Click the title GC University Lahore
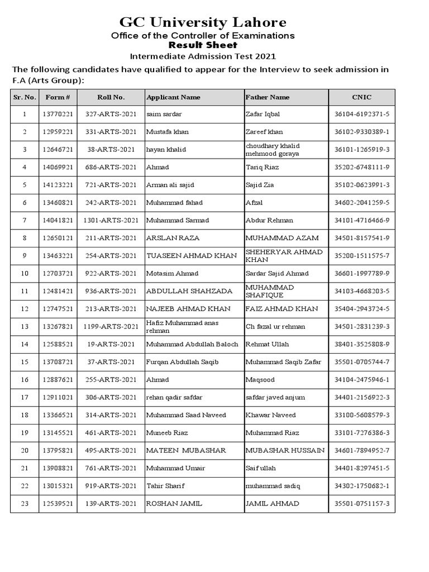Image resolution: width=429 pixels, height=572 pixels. tap(203, 22)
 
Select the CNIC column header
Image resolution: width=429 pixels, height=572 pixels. tap(361, 97)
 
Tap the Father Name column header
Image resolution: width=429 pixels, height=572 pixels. tap(268, 97)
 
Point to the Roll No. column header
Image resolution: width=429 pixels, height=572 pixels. tap(111, 97)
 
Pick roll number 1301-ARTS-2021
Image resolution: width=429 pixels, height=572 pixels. tap(111, 220)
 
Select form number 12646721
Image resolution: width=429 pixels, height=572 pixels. tap(58, 150)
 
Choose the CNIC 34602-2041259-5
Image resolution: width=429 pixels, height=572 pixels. tap(361, 203)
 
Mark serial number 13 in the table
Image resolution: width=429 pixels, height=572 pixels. tap(25, 326)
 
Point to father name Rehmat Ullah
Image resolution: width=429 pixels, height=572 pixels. tap(267, 345)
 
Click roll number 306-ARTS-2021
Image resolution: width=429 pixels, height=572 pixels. tap(111, 398)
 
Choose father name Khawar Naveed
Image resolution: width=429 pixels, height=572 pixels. tap(270, 415)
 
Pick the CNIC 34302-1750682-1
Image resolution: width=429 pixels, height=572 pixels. tap(361, 486)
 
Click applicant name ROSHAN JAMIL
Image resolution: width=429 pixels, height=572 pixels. tap(174, 503)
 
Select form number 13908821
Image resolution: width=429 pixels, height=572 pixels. tap(58, 468)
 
